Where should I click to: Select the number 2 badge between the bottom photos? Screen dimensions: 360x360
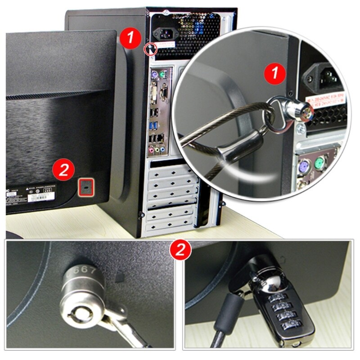180,250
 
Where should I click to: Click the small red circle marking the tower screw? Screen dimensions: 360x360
150,49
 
